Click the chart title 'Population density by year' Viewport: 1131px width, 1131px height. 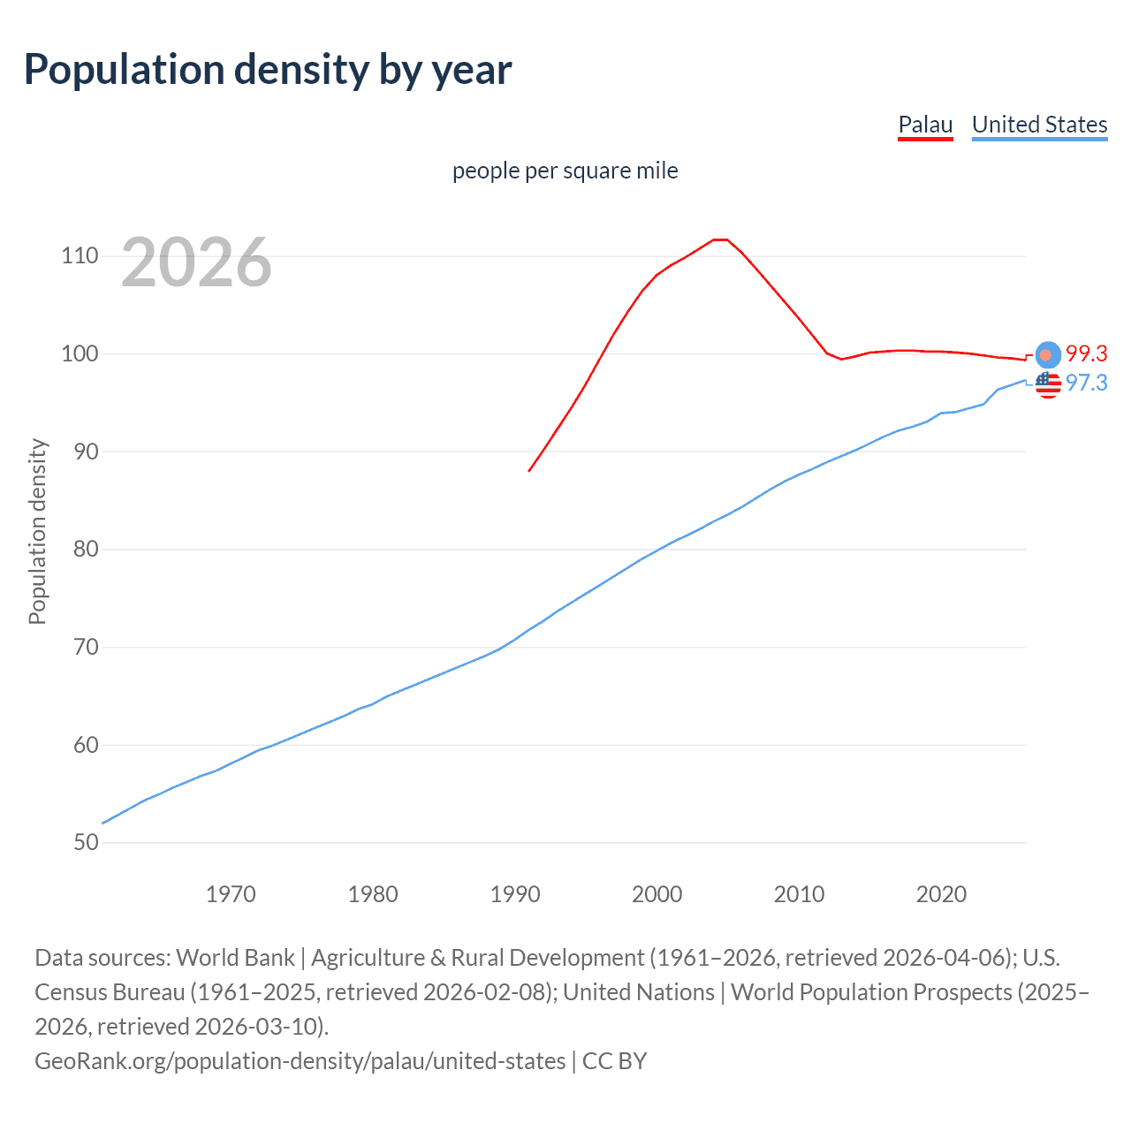click(268, 70)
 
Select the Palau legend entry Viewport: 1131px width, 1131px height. click(925, 125)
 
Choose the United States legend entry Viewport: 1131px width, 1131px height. click(1039, 125)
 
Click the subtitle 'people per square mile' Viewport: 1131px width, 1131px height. click(565, 171)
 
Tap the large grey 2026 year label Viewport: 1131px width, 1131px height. click(196, 262)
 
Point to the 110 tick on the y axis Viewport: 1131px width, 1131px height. click(80, 256)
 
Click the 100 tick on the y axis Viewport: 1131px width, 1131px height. click(80, 354)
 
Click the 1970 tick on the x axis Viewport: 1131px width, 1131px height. click(231, 894)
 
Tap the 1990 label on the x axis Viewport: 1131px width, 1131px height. click(515, 894)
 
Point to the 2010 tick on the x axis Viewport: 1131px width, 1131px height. click(799, 894)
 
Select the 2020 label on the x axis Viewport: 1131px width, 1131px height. click(941, 894)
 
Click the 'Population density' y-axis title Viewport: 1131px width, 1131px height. click(37, 532)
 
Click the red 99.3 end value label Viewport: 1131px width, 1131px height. click(1086, 354)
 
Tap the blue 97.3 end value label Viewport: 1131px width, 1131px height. click(1086, 383)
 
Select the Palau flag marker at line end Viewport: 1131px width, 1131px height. click(1047, 354)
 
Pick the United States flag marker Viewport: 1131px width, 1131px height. click(1047, 384)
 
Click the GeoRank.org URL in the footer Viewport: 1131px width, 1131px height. click(300, 1061)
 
